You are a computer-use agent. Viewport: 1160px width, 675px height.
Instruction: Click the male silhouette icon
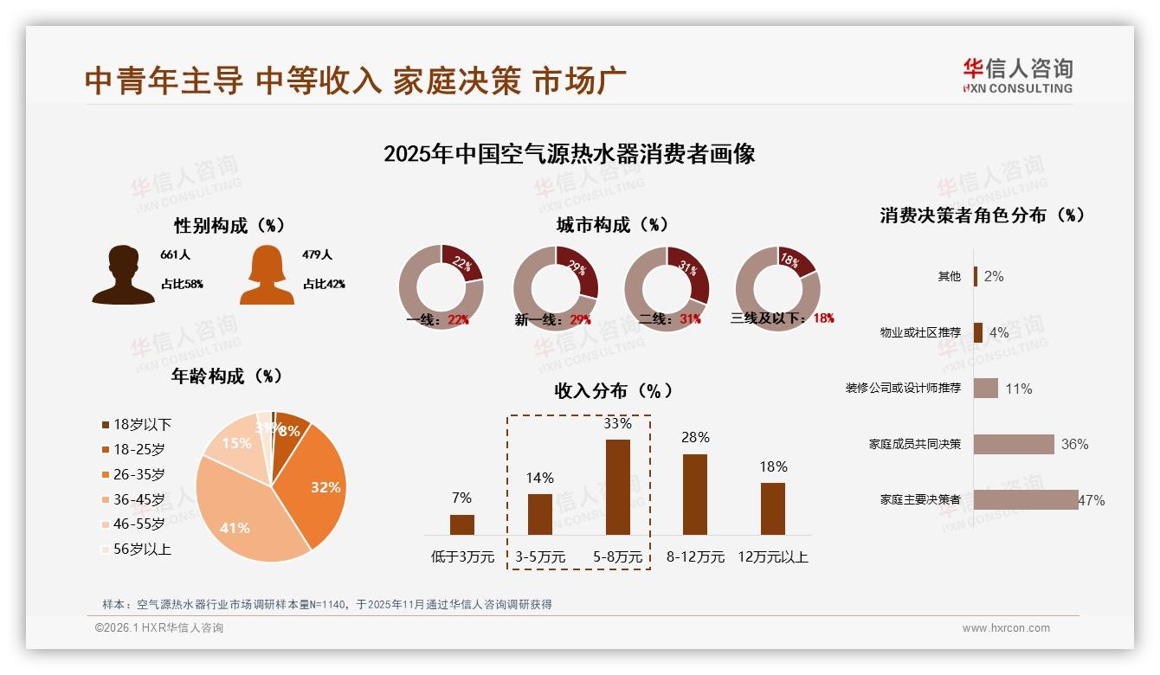(x=124, y=275)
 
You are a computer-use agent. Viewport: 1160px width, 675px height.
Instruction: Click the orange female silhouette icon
(x=267, y=275)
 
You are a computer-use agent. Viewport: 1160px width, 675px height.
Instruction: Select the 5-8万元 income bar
(x=617, y=487)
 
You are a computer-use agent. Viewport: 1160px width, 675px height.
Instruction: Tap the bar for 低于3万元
(x=461, y=524)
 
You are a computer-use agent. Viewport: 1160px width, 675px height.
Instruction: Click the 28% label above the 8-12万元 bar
(x=694, y=438)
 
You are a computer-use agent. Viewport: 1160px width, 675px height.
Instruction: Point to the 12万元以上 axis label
(x=772, y=557)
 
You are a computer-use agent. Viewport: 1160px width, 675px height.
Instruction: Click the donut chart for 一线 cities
(x=441, y=288)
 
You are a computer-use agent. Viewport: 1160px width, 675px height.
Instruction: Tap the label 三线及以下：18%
(x=782, y=318)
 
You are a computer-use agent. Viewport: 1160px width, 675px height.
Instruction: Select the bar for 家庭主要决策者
(x=1026, y=500)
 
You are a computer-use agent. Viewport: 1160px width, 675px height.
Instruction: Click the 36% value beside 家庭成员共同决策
(x=1074, y=444)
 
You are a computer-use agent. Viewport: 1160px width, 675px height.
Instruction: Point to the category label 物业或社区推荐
(x=920, y=332)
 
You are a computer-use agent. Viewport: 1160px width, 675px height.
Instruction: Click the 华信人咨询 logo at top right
(x=1017, y=75)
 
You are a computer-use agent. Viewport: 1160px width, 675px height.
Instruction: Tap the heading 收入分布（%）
(x=614, y=391)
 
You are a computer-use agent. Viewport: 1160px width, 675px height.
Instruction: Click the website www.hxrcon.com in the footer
(x=1006, y=628)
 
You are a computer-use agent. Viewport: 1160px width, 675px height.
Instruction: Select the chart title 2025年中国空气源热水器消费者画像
(x=569, y=154)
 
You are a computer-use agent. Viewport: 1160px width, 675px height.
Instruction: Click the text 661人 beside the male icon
(x=175, y=255)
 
